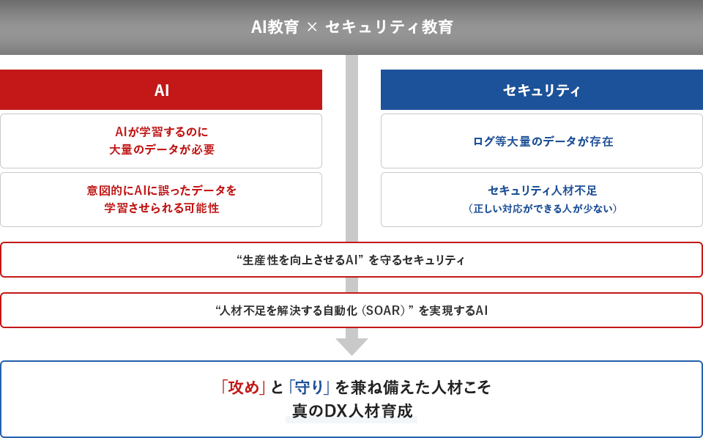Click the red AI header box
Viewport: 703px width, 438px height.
pos(161,89)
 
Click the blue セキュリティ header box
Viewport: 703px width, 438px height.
pos(542,89)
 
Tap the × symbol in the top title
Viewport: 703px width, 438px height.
pos(312,27)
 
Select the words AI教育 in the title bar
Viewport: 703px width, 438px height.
pos(275,27)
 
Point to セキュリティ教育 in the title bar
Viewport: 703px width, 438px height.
pos(389,27)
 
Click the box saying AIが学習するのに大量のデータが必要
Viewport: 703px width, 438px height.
pos(161,141)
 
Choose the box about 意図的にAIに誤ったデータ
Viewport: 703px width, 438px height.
pos(161,199)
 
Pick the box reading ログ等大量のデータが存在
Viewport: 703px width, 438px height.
pos(542,141)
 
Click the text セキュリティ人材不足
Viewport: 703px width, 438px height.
pos(543,190)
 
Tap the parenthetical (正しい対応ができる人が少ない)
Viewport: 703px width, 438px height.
pos(543,209)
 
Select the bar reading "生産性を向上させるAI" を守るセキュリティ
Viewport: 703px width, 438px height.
pos(351,259)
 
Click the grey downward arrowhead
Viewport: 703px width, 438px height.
pos(352,346)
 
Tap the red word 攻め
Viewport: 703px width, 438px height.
pos(243,387)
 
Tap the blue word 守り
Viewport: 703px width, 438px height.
pos(309,387)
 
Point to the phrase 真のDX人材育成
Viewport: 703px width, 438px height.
pos(352,411)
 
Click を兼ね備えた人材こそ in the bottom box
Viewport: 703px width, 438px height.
pos(413,387)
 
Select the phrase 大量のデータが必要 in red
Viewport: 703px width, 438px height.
pos(162,149)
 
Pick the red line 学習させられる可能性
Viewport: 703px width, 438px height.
pos(162,208)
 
